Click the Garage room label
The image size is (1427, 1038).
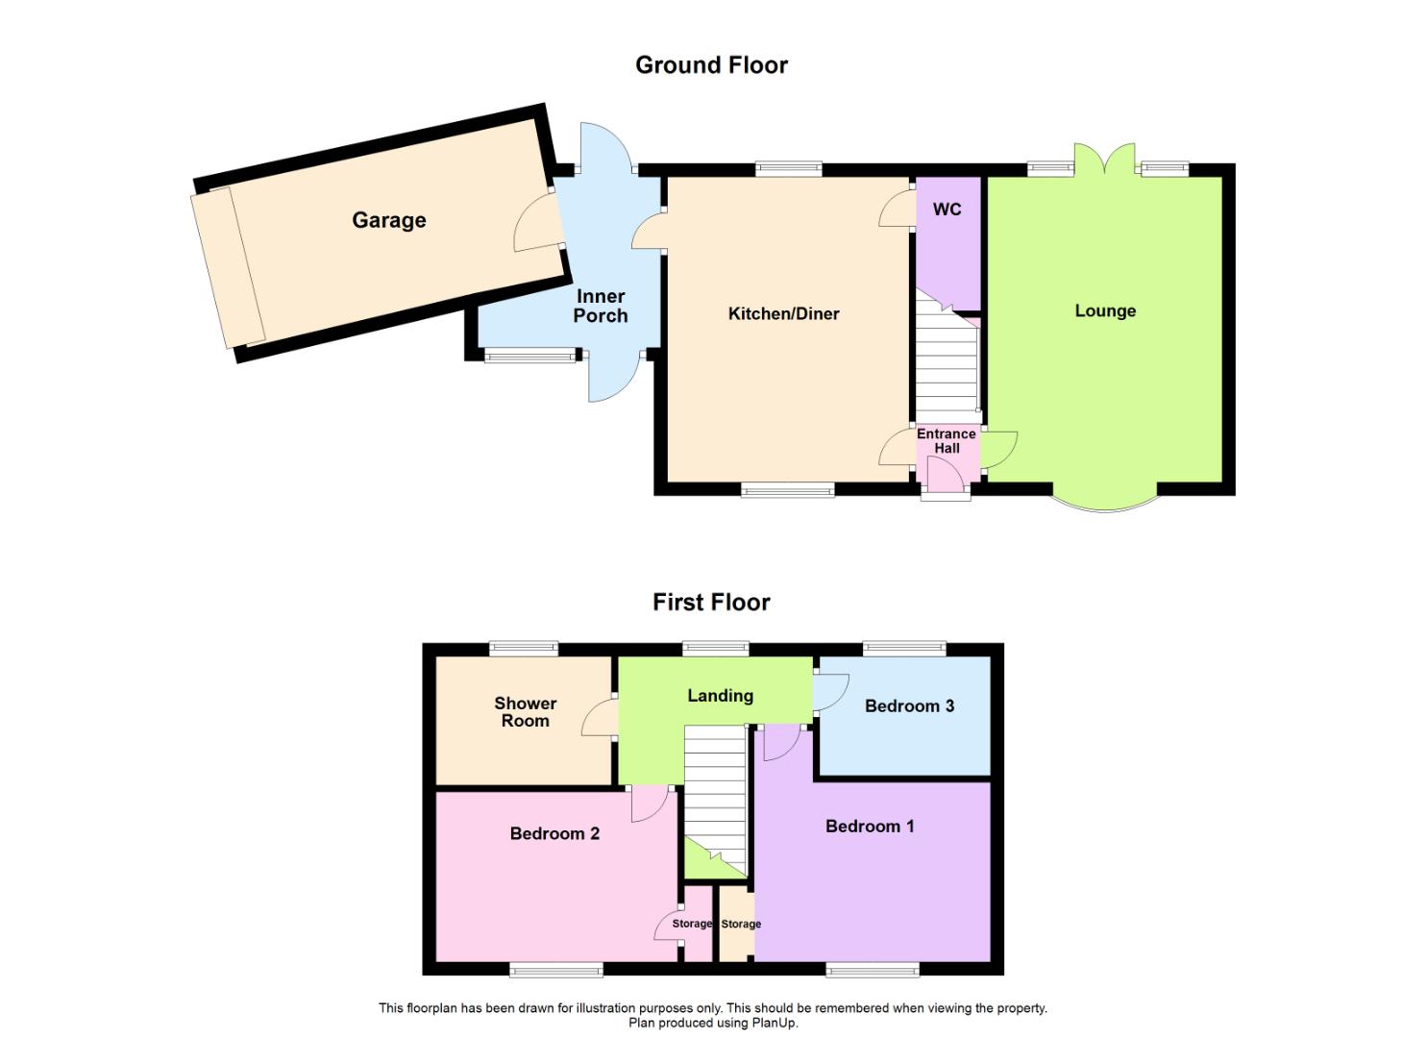tap(388, 220)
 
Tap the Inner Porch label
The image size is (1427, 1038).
tap(601, 306)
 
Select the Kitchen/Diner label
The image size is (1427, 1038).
tap(783, 313)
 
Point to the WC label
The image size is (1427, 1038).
tap(947, 210)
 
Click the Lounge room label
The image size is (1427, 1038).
tap(1105, 310)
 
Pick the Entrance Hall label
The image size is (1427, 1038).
tap(947, 441)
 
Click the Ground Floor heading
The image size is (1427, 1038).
tap(711, 65)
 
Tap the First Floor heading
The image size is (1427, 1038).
tap(711, 603)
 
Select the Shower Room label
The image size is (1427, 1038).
tap(525, 712)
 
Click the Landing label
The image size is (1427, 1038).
tap(720, 696)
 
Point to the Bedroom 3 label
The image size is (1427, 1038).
tap(909, 706)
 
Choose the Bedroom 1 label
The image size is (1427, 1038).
tap(870, 827)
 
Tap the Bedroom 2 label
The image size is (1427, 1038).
tap(554, 833)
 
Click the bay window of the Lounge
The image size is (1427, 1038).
tap(1104, 503)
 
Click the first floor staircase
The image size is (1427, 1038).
tap(715, 788)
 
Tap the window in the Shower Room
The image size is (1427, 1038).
tap(524, 649)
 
